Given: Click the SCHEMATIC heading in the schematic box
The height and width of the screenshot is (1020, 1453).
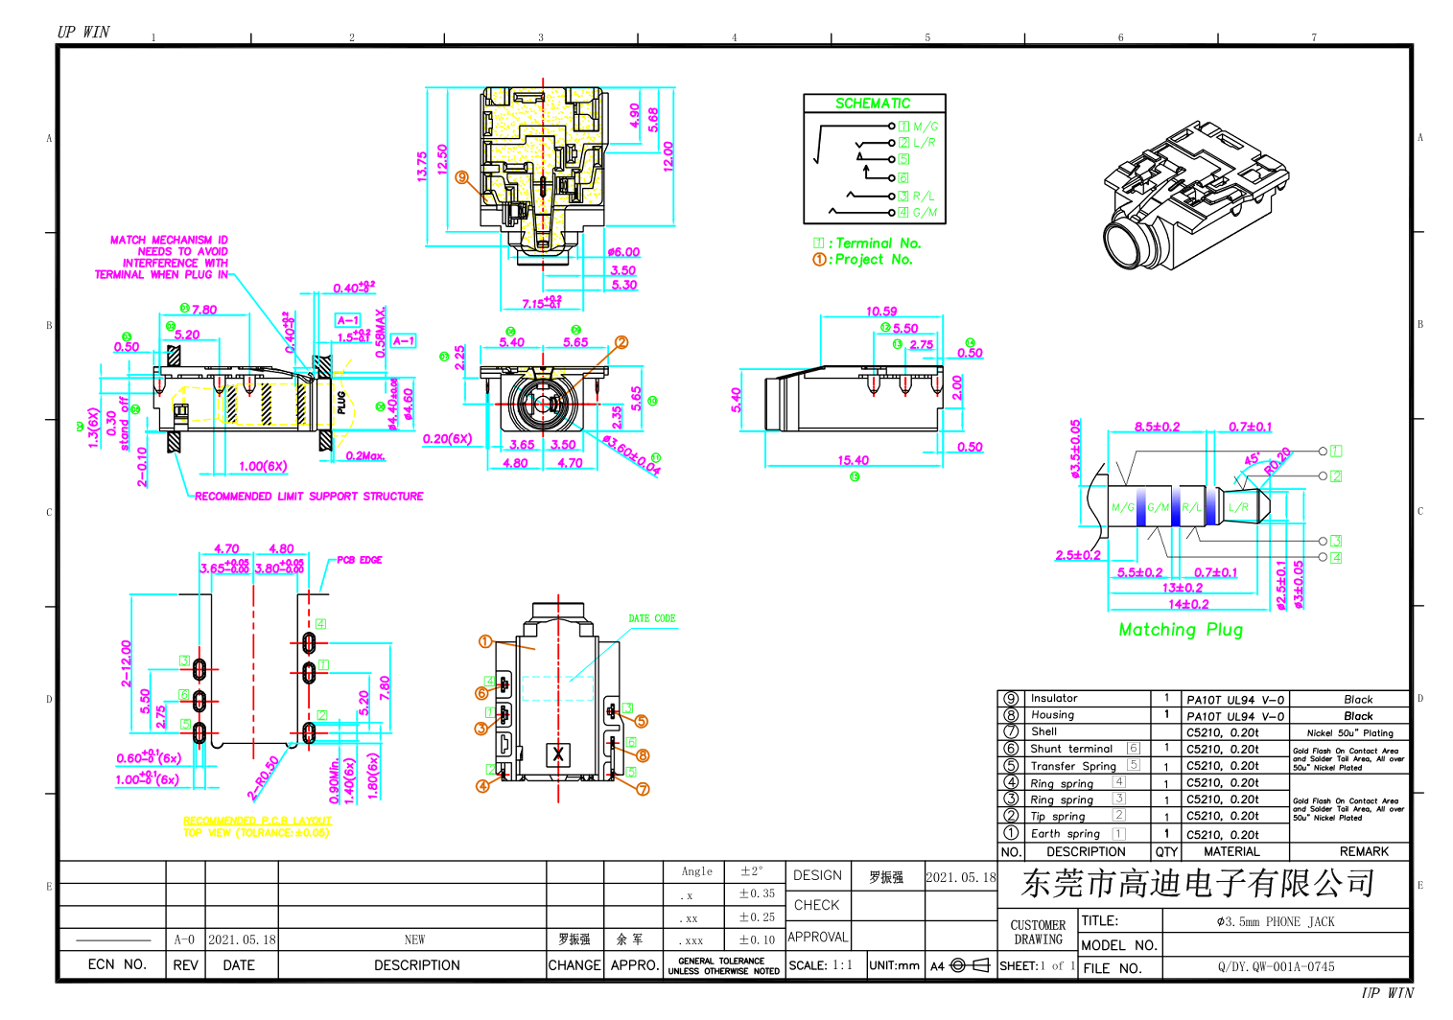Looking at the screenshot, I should coord(873,104).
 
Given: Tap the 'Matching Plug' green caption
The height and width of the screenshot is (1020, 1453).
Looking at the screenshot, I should coord(1181,630).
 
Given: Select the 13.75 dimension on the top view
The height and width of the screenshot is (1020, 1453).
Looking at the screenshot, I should coord(422,167).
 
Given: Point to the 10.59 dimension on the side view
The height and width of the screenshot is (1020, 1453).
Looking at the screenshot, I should coord(880,311).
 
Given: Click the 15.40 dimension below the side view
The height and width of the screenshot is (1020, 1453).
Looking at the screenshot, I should coord(853,460).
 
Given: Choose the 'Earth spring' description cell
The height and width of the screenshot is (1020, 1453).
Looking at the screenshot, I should coord(1065,834).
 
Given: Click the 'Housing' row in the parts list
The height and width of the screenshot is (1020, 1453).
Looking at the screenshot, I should coord(1052,715).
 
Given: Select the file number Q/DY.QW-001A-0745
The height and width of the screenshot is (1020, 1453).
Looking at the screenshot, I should coord(1276,967).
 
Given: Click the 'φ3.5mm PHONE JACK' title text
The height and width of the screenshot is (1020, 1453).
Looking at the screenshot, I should coord(1276,922).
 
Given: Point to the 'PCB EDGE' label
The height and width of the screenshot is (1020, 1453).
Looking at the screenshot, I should coord(359,560).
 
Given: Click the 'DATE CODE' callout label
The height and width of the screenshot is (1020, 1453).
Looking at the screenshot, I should coord(652,619).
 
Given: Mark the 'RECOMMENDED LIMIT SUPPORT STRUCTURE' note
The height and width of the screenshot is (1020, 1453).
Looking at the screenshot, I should coord(309,497).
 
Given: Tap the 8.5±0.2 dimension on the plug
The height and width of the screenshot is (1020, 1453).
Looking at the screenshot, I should coord(1157,427).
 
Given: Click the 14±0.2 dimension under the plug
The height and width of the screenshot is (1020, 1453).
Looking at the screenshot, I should coord(1188,604).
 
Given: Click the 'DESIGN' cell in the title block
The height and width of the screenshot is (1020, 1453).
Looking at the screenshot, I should coord(817,876).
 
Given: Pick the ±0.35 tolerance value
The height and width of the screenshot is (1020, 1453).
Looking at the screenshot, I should coord(757,893).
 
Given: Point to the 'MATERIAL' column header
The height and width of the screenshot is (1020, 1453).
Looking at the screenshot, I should coord(1231,851).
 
